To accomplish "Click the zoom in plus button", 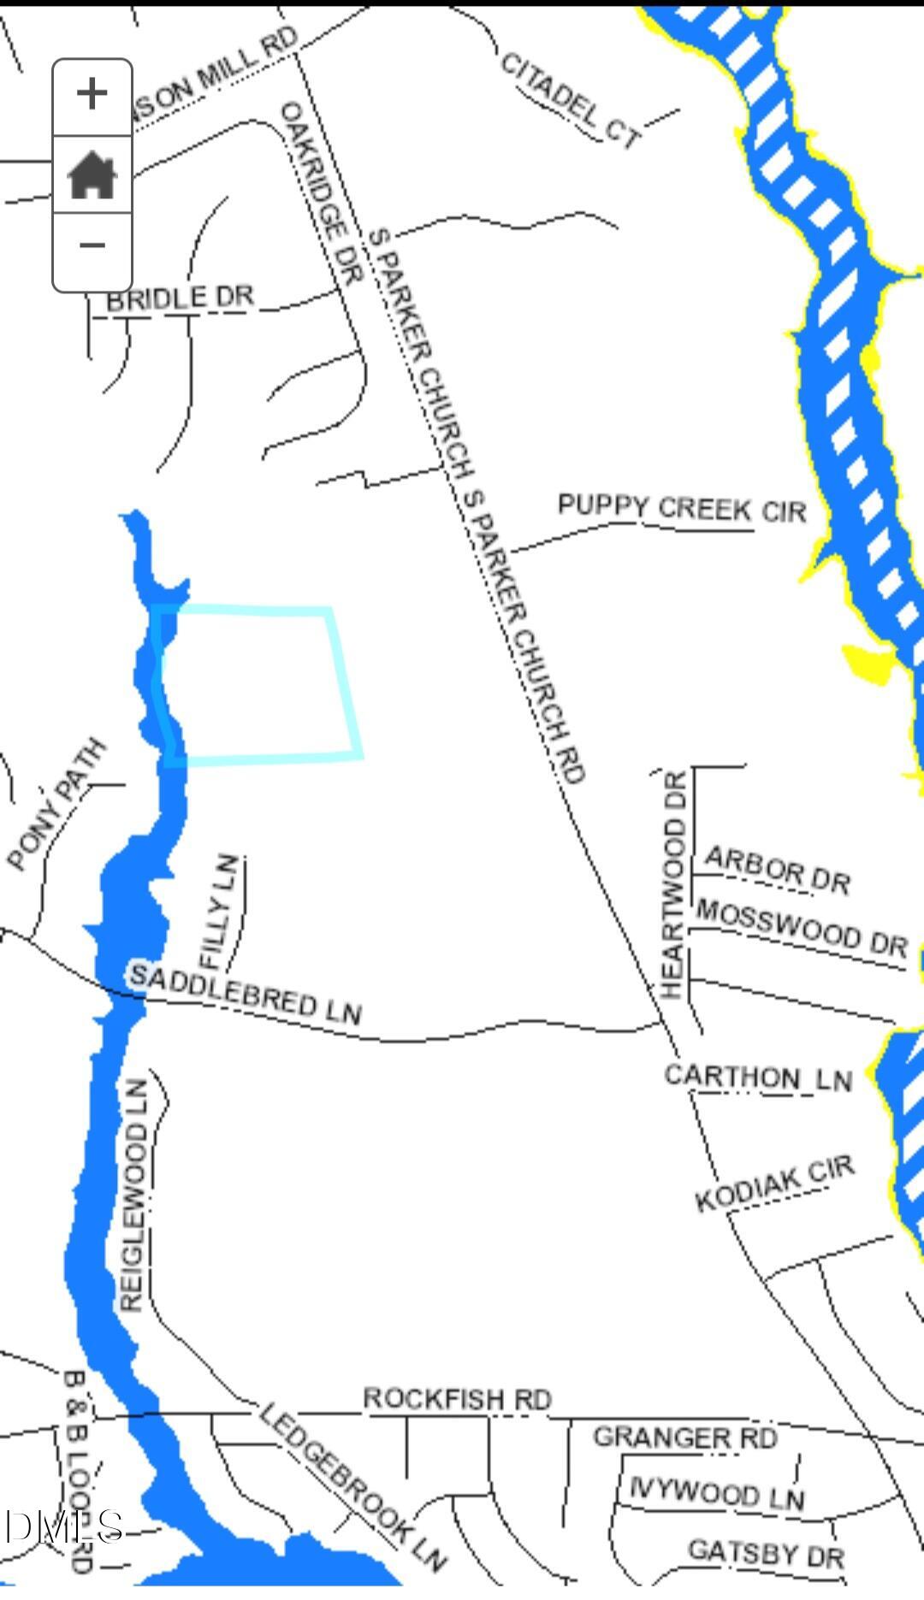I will [x=92, y=94].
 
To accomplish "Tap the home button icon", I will [x=92, y=174].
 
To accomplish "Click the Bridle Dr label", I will [x=181, y=298].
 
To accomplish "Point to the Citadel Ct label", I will [x=570, y=100].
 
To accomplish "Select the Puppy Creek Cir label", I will [x=682, y=508].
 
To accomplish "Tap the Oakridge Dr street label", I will [x=322, y=192].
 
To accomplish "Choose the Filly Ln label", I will [x=217, y=911].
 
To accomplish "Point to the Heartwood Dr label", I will [x=674, y=884].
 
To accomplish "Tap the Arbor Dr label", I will [x=778, y=870].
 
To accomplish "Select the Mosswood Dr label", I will [x=801, y=926].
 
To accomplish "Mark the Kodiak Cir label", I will [x=774, y=1184].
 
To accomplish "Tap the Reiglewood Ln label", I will [x=133, y=1194].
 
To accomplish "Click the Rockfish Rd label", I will [x=458, y=1399].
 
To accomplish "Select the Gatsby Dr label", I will [x=766, y=1553].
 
